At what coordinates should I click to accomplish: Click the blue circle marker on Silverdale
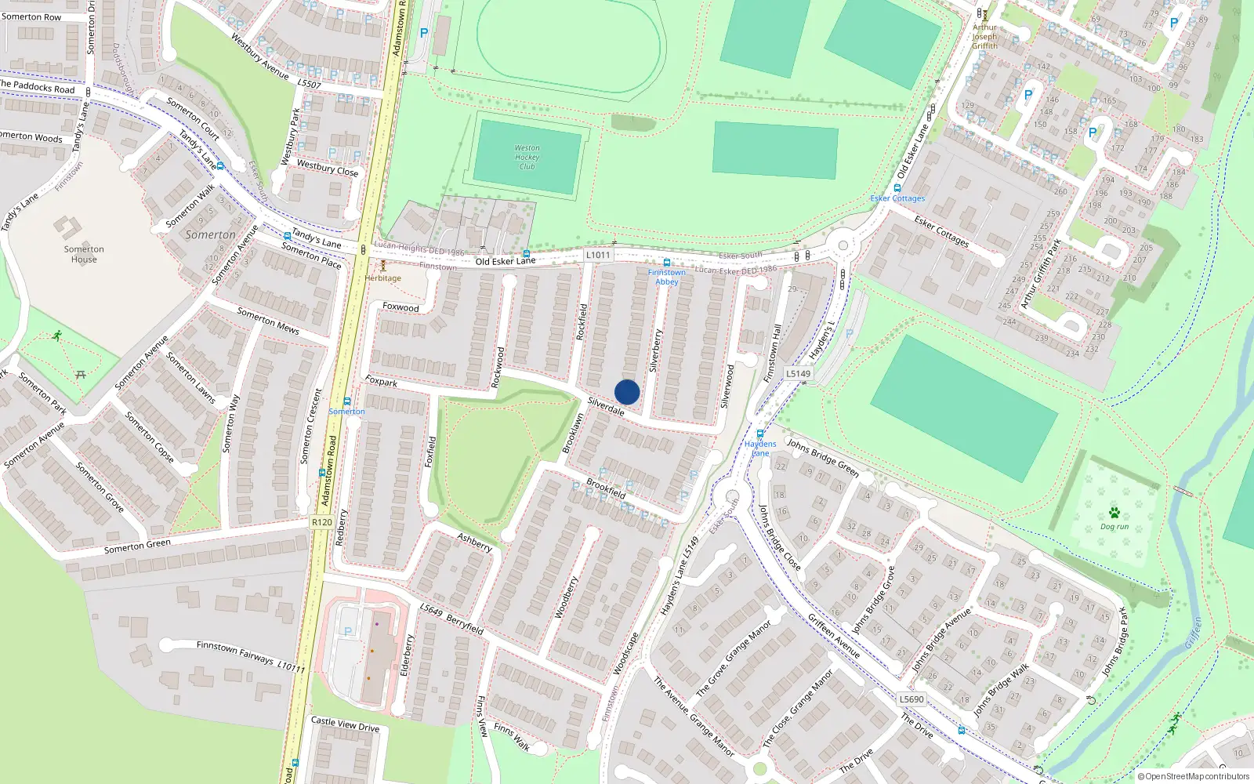[x=627, y=392]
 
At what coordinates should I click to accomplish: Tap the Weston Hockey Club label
[x=527, y=157]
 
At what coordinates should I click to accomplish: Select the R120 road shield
[x=321, y=522]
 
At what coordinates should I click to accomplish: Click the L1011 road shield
[x=598, y=255]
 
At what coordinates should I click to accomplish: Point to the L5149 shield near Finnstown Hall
[x=798, y=373]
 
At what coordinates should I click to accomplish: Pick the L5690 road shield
[x=912, y=699]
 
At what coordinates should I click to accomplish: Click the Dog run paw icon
[x=1114, y=513]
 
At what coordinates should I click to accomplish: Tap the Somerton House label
[x=84, y=254]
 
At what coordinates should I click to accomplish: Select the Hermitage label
[x=383, y=278]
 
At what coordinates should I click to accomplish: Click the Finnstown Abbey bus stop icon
[x=667, y=263]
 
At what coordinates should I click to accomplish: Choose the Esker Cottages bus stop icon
[x=897, y=188]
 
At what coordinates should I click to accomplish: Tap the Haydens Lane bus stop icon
[x=759, y=434]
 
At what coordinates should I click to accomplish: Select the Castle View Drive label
[x=345, y=724]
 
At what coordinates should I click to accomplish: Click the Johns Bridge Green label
[x=823, y=458]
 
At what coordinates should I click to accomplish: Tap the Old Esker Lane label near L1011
[x=506, y=261]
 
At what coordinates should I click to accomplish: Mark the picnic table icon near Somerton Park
[x=80, y=375]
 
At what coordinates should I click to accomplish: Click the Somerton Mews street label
[x=268, y=321]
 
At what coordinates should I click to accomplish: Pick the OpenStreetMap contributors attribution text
[x=1194, y=777]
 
